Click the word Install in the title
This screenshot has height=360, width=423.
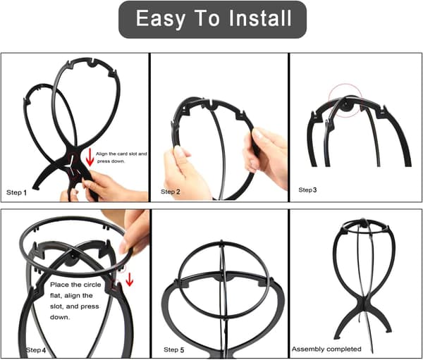pyautogui.click(x=260, y=18)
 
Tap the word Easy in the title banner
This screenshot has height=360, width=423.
pyautogui.click(x=161, y=18)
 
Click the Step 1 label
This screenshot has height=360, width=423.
pyautogui.click(x=16, y=192)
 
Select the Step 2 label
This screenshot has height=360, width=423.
pyautogui.click(x=170, y=192)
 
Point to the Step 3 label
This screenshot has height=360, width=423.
pyautogui.click(x=307, y=190)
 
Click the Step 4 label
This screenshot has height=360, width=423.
pyautogui.click(x=36, y=350)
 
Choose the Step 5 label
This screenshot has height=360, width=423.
pyautogui.click(x=173, y=349)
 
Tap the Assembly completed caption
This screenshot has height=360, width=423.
pyautogui.click(x=326, y=349)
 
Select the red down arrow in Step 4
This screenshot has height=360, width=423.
pyautogui.click(x=130, y=280)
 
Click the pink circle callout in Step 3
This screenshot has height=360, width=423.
pyautogui.click(x=345, y=101)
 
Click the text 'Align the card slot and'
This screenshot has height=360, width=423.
pyautogui.click(x=121, y=154)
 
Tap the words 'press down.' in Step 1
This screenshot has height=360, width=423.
pyautogui.click(x=111, y=161)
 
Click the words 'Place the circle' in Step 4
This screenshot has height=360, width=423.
pyautogui.click(x=75, y=285)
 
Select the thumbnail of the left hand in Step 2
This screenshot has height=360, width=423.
pyautogui.click(x=178, y=151)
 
